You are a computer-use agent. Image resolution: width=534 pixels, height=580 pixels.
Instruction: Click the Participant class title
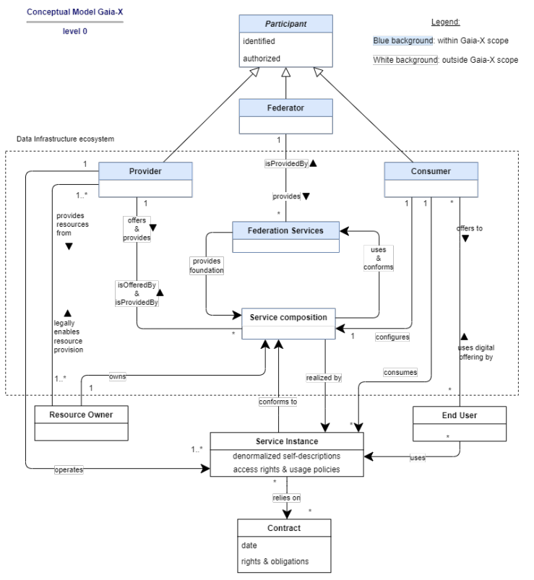(285, 24)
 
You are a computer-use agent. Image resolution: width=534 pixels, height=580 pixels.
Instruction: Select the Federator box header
(285, 108)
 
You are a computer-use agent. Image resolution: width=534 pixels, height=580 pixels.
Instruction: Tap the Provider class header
(145, 171)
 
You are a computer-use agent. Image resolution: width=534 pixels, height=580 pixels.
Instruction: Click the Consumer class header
(431, 171)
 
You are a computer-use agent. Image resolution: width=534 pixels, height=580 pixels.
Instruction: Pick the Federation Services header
(285, 231)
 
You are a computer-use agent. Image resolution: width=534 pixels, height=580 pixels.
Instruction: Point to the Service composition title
(288, 317)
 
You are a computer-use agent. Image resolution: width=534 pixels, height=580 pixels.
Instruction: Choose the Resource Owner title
(81, 415)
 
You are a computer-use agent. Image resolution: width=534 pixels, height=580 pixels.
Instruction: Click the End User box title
(460, 415)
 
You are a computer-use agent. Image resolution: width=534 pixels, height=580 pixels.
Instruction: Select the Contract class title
(284, 528)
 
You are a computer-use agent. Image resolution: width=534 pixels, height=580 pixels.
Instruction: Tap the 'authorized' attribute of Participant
(262, 59)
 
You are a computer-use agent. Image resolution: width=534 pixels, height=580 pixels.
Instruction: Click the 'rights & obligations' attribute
(275, 561)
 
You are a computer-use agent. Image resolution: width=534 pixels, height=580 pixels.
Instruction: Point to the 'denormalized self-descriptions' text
(286, 456)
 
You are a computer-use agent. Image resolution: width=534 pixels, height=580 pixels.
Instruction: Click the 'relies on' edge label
(286, 498)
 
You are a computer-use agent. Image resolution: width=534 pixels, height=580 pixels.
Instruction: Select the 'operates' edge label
(69, 469)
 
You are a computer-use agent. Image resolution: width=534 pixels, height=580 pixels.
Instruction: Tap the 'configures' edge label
(392, 337)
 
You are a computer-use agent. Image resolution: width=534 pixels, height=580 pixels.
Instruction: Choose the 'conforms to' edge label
(278, 402)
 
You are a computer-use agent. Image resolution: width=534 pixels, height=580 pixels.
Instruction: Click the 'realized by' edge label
(324, 378)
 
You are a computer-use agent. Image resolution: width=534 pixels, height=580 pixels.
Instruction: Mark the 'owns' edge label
(117, 376)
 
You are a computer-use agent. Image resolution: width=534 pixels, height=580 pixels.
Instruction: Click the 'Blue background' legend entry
(403, 40)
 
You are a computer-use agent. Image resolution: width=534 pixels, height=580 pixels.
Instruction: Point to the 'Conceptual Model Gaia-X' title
(74, 12)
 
